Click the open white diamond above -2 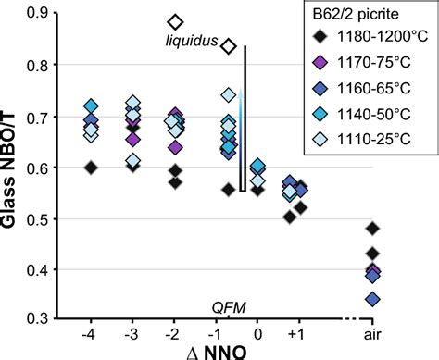[173, 21]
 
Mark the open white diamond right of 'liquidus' [229, 45]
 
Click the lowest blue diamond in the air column [372, 299]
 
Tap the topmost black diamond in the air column [372, 229]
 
